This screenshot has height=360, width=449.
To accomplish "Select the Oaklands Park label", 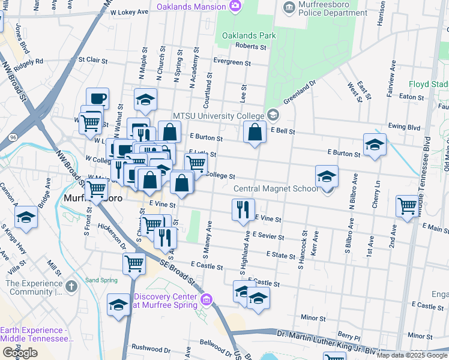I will (x=249, y=35).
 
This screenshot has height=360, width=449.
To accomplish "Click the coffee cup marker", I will (x=97, y=98).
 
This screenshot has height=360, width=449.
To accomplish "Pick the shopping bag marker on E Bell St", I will (x=255, y=131).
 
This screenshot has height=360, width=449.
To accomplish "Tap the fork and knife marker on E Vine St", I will (x=243, y=210).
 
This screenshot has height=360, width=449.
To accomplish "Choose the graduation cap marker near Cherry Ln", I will (x=375, y=145).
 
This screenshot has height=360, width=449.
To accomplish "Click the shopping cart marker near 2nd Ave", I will (x=407, y=206).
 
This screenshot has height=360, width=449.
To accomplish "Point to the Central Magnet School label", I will (x=275, y=189).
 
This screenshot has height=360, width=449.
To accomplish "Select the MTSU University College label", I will (x=218, y=116).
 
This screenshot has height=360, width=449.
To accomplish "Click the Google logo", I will (x=20, y=353).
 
